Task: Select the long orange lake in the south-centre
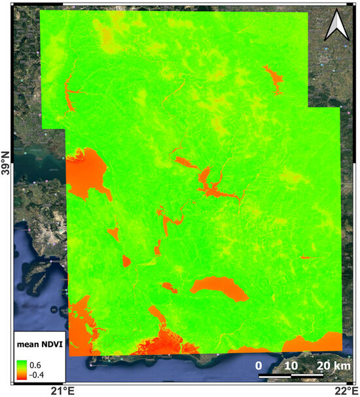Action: (x=219, y=288)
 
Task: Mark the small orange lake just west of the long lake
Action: (x=170, y=286)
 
